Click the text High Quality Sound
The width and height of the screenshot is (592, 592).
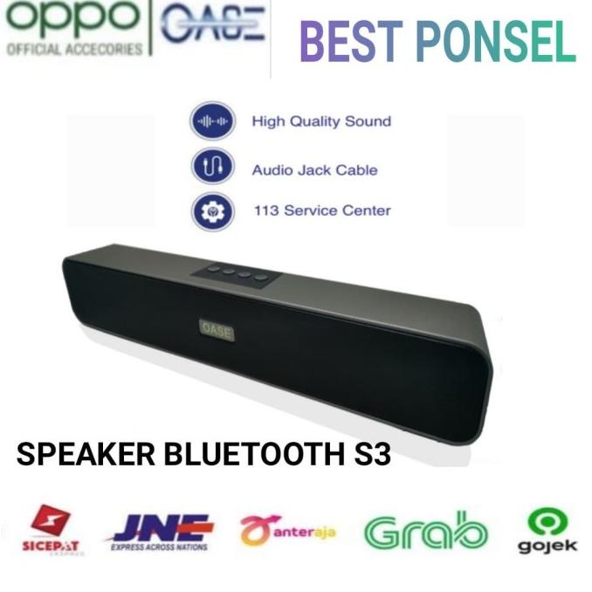321,121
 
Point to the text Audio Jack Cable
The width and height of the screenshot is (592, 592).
314,169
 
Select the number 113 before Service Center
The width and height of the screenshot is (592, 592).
265,210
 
